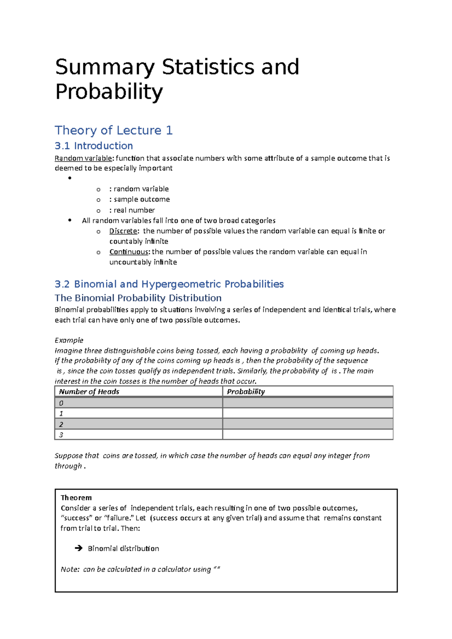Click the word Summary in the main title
(105, 68)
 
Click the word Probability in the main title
(109, 92)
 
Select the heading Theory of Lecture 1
(113, 130)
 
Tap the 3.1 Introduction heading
(93, 146)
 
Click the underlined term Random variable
(83, 158)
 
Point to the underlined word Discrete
(123, 231)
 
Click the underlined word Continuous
(129, 251)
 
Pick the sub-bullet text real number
(134, 210)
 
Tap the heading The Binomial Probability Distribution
(138, 298)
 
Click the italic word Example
(69, 340)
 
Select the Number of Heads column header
(89, 392)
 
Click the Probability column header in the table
(246, 392)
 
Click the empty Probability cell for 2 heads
(307, 424)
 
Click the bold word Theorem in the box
(76, 498)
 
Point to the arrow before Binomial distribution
(78, 548)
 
